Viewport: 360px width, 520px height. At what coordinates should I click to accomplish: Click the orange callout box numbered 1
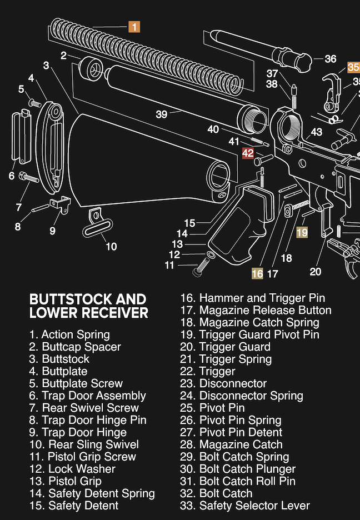click(134, 26)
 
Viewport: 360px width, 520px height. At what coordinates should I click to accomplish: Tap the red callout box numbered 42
click(248, 153)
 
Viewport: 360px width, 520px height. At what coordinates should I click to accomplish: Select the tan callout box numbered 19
click(302, 232)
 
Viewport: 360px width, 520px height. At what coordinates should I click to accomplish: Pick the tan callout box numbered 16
click(257, 273)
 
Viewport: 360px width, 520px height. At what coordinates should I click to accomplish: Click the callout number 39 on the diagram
click(161, 114)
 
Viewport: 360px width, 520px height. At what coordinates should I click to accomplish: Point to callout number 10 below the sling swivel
click(111, 246)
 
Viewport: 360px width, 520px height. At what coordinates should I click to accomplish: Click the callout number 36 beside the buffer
click(330, 59)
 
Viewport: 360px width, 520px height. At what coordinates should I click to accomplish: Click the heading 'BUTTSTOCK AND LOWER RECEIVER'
click(88, 306)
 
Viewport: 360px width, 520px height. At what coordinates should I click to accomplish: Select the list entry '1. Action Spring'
click(69, 334)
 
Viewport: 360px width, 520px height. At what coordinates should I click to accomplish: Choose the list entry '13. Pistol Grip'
click(66, 481)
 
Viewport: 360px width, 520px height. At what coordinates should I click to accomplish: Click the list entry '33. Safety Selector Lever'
click(245, 506)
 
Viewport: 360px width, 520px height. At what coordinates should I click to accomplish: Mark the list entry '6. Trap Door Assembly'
click(87, 396)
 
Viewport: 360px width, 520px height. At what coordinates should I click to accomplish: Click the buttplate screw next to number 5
click(34, 102)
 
